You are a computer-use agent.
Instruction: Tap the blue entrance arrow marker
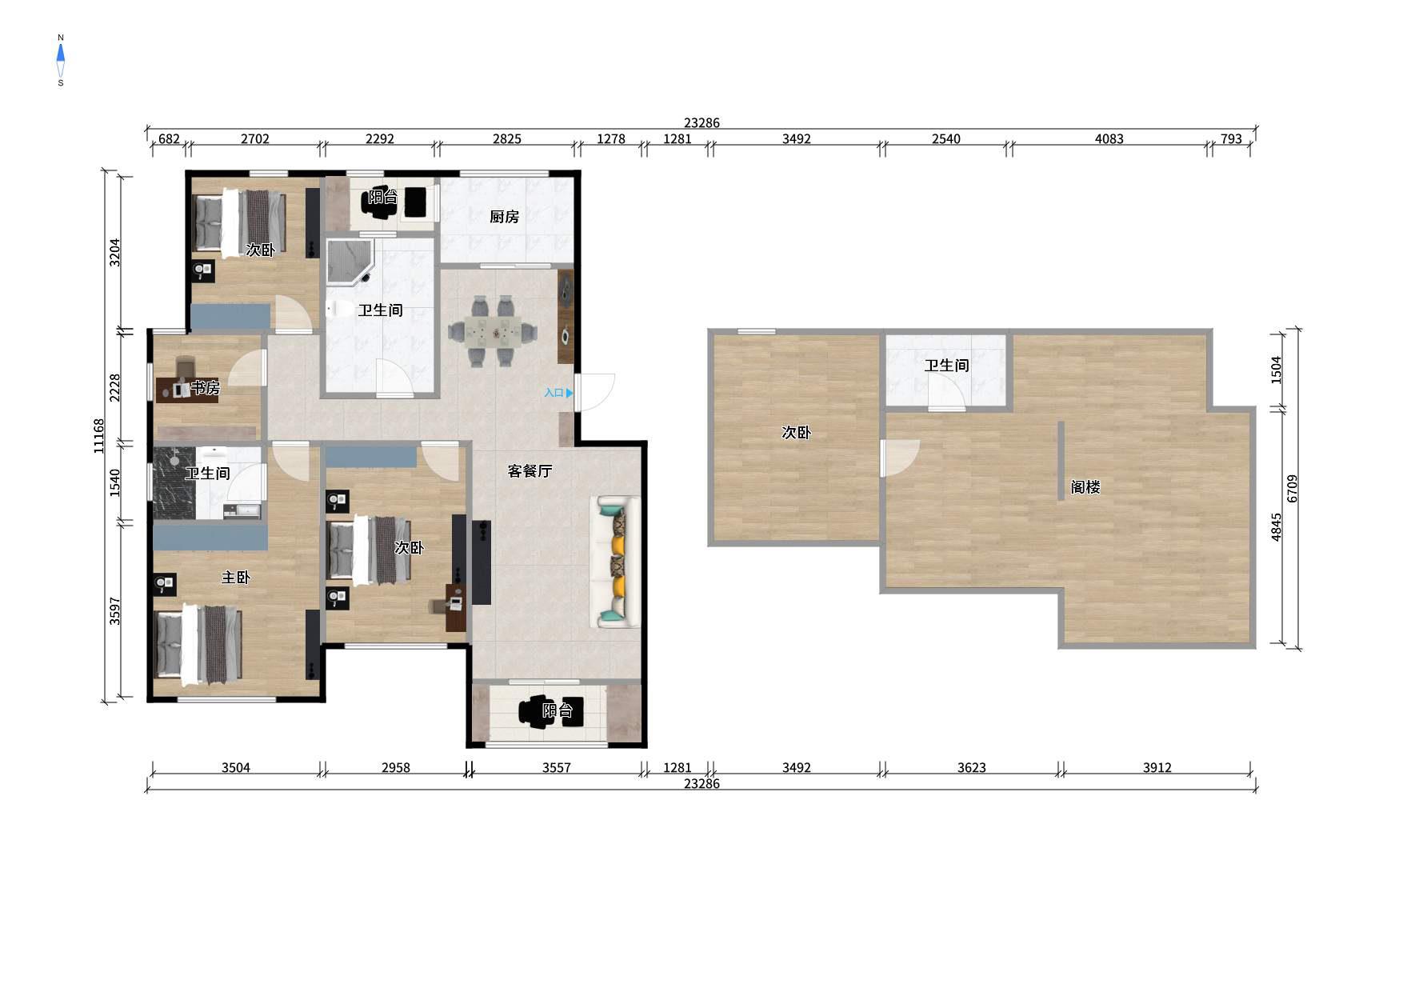[570, 393]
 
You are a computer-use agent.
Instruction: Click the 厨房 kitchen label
[504, 217]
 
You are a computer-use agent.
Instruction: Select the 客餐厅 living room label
[530, 471]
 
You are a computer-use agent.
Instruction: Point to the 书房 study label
[205, 388]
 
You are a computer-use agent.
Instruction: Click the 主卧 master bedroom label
[236, 578]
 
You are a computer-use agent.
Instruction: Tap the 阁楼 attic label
[1085, 487]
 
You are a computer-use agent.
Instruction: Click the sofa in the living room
[615, 562]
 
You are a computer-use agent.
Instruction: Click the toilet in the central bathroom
[339, 309]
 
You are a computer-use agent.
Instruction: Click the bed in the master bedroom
[198, 645]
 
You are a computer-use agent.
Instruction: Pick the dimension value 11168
[99, 436]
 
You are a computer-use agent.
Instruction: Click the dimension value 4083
[1109, 138]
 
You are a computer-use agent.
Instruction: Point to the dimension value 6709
[1293, 488]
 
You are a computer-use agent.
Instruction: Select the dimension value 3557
[557, 767]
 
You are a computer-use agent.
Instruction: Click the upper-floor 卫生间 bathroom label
[946, 366]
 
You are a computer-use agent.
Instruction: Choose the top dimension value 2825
[506, 138]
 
